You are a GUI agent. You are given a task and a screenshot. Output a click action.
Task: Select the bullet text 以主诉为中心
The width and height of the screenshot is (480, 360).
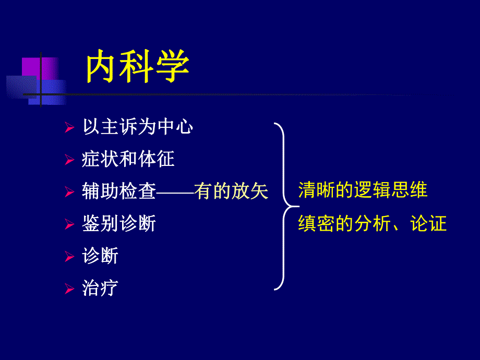point(138,127)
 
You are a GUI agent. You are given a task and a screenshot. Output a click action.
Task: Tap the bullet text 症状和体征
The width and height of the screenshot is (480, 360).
point(128,159)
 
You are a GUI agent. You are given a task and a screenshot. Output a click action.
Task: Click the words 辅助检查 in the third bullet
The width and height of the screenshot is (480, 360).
point(119,191)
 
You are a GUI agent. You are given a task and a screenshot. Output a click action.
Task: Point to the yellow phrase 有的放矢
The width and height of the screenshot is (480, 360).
point(231,191)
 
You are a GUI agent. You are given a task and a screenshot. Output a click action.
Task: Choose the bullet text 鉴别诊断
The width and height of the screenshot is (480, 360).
point(119,224)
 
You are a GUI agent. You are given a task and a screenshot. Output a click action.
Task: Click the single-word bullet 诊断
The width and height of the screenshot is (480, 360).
point(100,256)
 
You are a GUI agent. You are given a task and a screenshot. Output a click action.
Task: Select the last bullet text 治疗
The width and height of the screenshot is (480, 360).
point(100,288)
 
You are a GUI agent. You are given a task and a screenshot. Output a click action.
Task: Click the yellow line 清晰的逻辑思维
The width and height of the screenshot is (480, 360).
point(363,190)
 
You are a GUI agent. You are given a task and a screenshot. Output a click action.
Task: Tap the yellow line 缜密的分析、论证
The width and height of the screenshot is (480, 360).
point(373,224)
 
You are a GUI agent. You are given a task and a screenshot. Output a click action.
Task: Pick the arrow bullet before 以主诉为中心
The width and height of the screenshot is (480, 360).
point(69,128)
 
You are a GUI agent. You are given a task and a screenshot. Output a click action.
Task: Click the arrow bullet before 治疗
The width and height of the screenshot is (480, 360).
point(69,289)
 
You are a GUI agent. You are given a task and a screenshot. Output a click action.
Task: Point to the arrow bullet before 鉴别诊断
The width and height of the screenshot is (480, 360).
point(69,225)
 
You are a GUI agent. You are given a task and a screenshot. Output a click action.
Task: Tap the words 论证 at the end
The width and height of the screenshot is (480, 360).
point(428,224)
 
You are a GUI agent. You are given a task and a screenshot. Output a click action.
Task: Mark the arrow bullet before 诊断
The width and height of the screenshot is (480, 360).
point(69,257)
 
